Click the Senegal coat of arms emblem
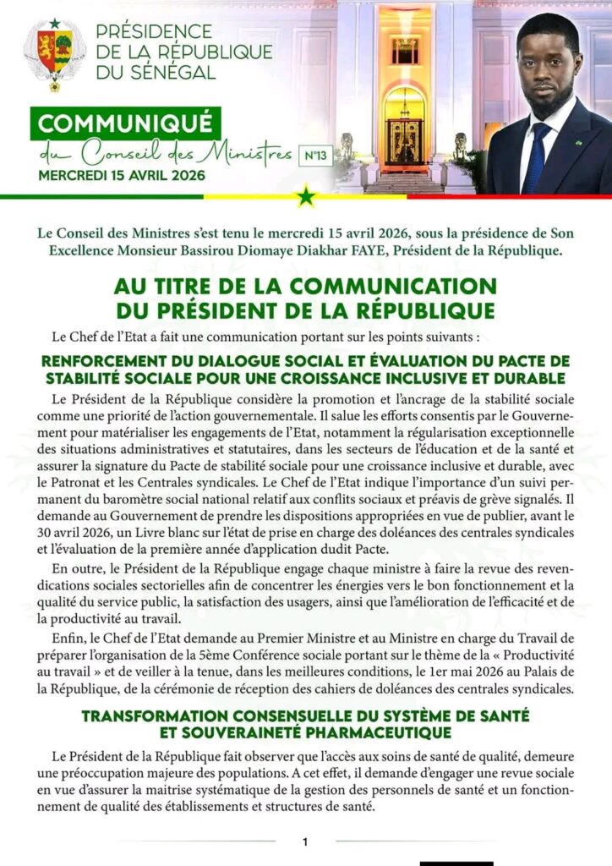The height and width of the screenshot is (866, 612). pyautogui.click(x=54, y=52)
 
